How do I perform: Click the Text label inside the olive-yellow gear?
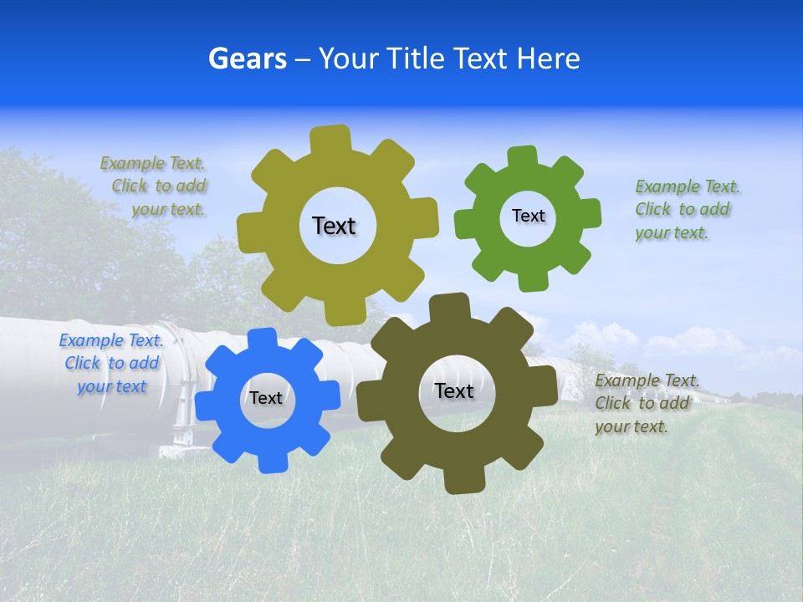334,226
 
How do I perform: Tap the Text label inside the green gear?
528,216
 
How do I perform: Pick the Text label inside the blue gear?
266,398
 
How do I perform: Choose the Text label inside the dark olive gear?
453,390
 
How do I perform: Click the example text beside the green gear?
687,210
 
